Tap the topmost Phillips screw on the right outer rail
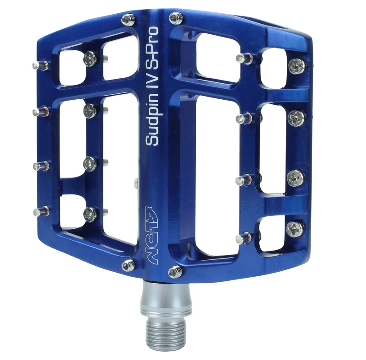[296, 66]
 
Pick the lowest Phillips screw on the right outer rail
[295, 227]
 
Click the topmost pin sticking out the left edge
[40, 65]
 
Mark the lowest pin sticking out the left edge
[41, 212]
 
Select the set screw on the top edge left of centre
[128, 20]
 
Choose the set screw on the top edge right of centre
[176, 18]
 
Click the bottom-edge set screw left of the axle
[128, 265]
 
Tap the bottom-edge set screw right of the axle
[175, 272]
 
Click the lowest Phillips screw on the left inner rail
[90, 213]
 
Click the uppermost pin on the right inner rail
[242, 58]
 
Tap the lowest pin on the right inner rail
[242, 239]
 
